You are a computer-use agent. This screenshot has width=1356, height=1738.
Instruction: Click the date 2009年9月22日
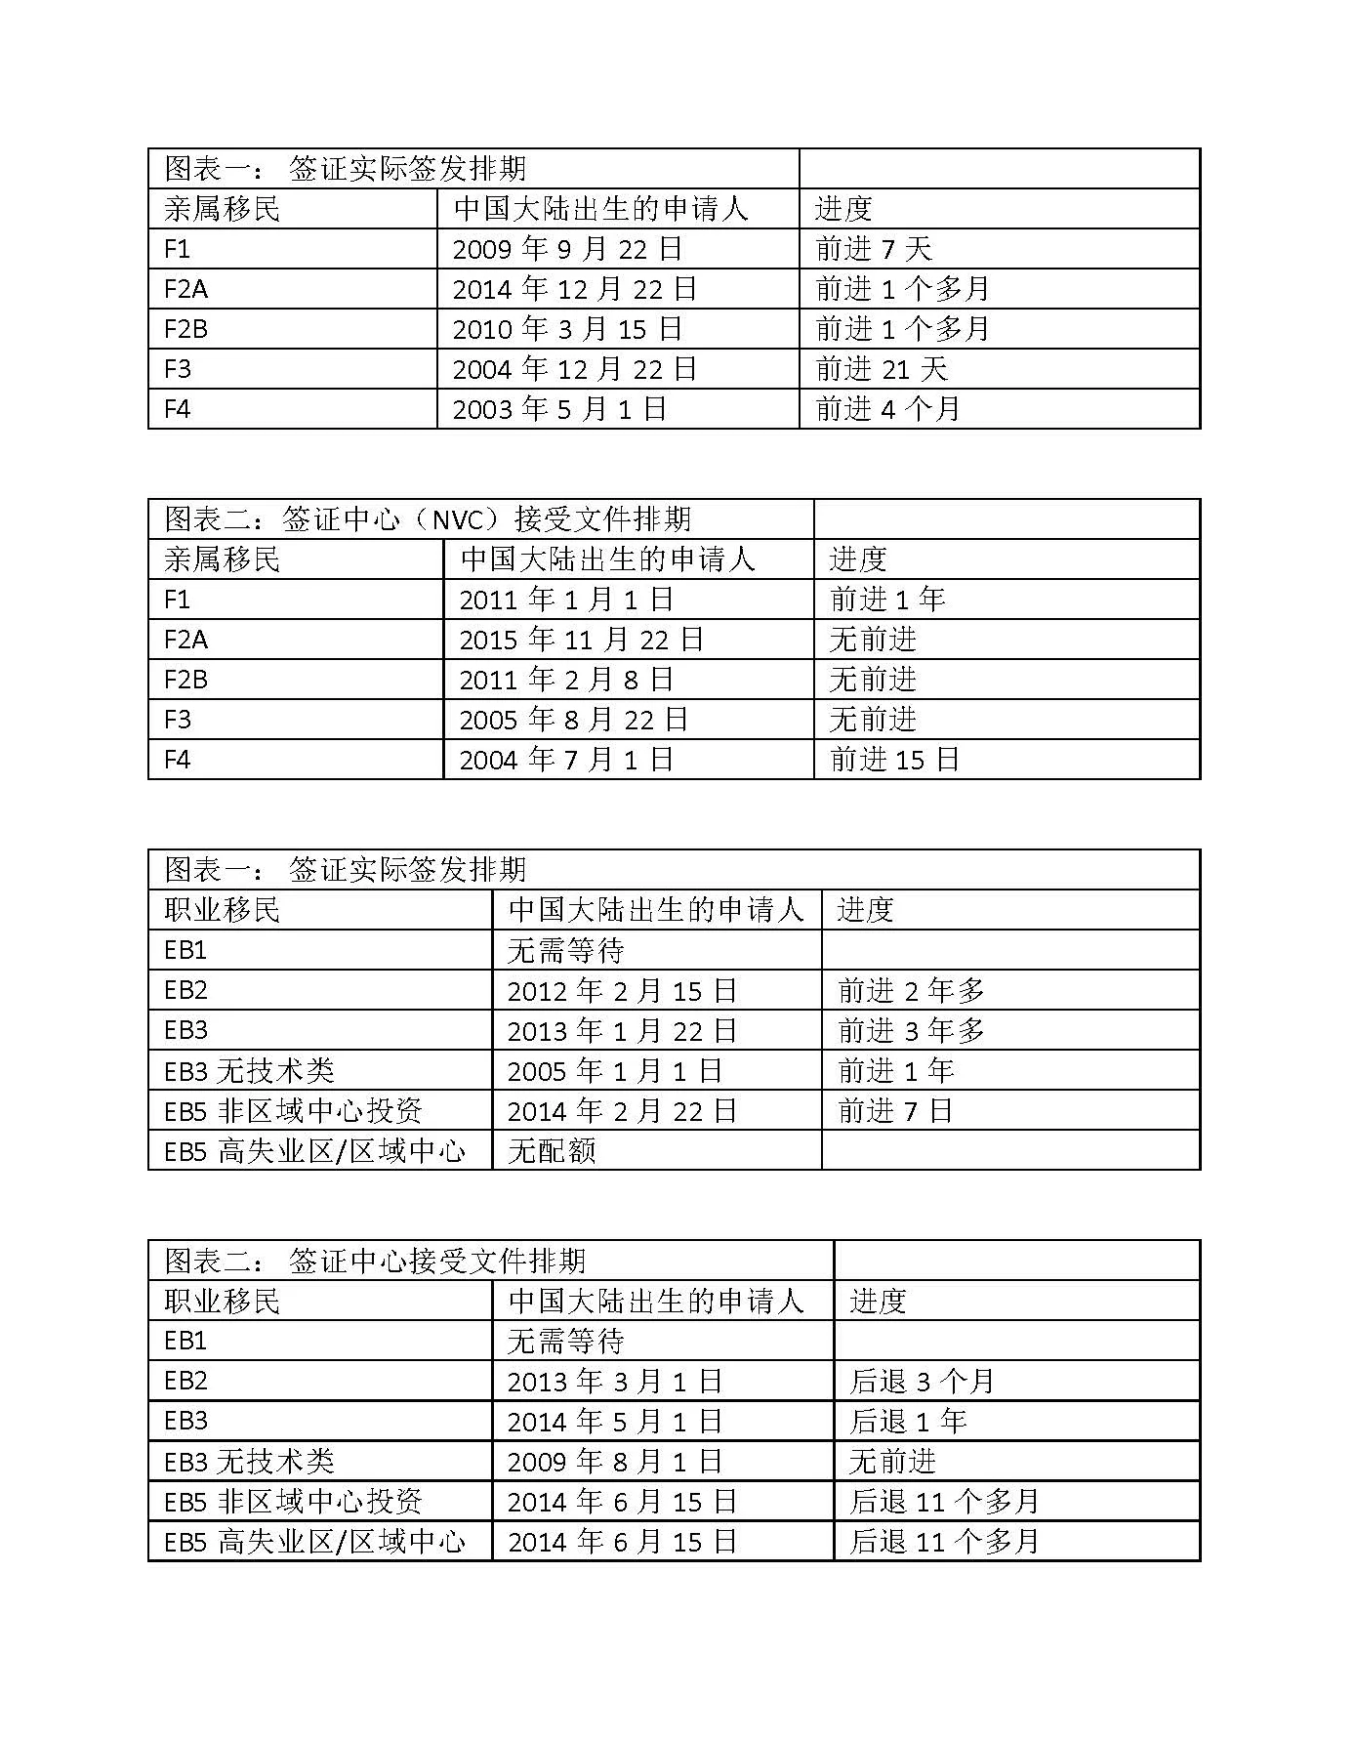click(x=567, y=249)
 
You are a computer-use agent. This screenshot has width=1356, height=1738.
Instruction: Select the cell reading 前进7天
click(x=874, y=249)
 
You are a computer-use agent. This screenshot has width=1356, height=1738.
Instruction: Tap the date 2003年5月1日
click(x=559, y=409)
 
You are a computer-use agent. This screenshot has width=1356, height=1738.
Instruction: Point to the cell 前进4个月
click(x=887, y=409)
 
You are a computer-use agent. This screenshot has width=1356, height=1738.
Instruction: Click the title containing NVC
click(x=428, y=518)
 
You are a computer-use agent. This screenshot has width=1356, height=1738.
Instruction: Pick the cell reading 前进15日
click(x=894, y=760)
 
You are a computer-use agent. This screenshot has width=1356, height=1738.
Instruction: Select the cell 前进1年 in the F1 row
click(x=887, y=600)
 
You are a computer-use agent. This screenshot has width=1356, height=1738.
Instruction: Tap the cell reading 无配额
click(x=552, y=1151)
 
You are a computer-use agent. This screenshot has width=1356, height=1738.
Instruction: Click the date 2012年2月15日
click(x=621, y=991)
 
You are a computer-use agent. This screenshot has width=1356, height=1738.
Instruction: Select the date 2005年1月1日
click(x=614, y=1071)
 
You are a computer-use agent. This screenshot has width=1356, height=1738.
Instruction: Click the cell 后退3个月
click(x=922, y=1382)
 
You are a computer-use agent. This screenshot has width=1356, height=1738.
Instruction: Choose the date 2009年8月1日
click(x=614, y=1462)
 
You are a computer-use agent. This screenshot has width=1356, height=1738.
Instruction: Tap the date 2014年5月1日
click(x=614, y=1422)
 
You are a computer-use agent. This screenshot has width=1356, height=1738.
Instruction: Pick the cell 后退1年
click(x=908, y=1422)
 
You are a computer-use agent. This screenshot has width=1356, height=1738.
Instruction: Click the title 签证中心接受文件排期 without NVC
click(x=375, y=1261)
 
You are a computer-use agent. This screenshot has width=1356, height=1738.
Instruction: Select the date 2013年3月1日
click(x=614, y=1382)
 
